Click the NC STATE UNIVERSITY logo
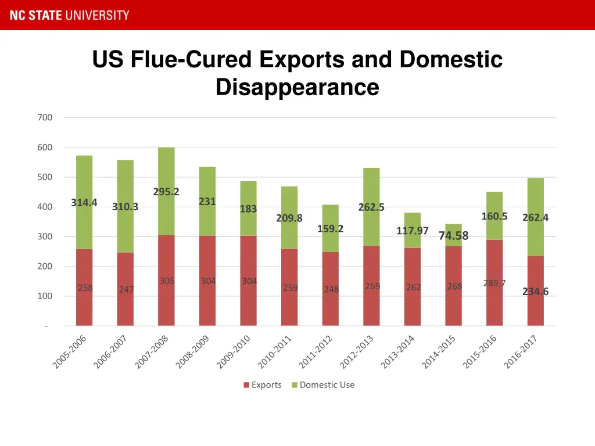pos(69,15)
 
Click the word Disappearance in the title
pos(297,88)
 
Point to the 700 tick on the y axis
pos(45,117)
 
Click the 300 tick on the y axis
pos(45,236)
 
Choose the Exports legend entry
pos(263,385)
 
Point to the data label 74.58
pos(453,235)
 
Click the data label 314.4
pos(84,203)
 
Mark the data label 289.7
pos(494,283)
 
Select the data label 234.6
pos(535,292)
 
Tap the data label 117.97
pos(413,231)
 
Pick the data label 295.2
pos(166,192)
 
